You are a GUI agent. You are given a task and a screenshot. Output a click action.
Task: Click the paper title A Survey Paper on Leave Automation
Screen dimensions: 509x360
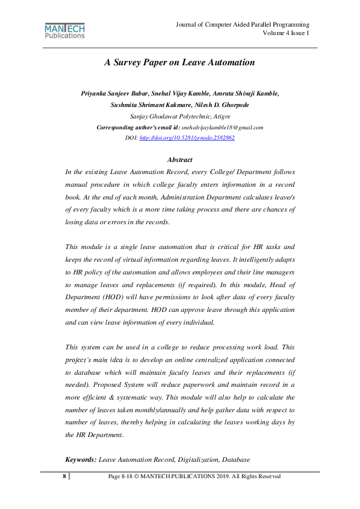(x=180, y=62)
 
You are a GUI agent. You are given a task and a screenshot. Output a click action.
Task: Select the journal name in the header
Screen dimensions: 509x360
(x=243, y=24)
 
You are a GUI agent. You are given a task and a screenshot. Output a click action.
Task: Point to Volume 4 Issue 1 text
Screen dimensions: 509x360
(x=286, y=33)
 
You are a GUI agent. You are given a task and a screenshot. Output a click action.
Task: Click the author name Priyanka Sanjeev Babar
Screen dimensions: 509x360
(x=114, y=93)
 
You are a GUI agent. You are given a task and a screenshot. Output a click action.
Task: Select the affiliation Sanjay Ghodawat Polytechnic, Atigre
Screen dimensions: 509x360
(x=180, y=115)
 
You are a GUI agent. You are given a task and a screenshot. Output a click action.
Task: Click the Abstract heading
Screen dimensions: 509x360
(x=180, y=160)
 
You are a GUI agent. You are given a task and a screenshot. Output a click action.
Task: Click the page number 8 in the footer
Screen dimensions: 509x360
(x=64, y=476)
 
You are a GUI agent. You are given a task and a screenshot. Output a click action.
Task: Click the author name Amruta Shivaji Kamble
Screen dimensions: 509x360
(x=245, y=93)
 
